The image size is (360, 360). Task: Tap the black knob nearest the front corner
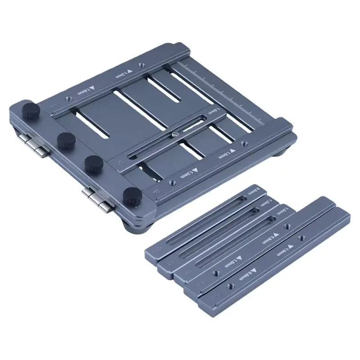pyautogui.click(x=131, y=195)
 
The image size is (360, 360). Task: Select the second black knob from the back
pyautogui.click(x=65, y=139)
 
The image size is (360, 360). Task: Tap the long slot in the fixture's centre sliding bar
pyautogui.click(x=166, y=137)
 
